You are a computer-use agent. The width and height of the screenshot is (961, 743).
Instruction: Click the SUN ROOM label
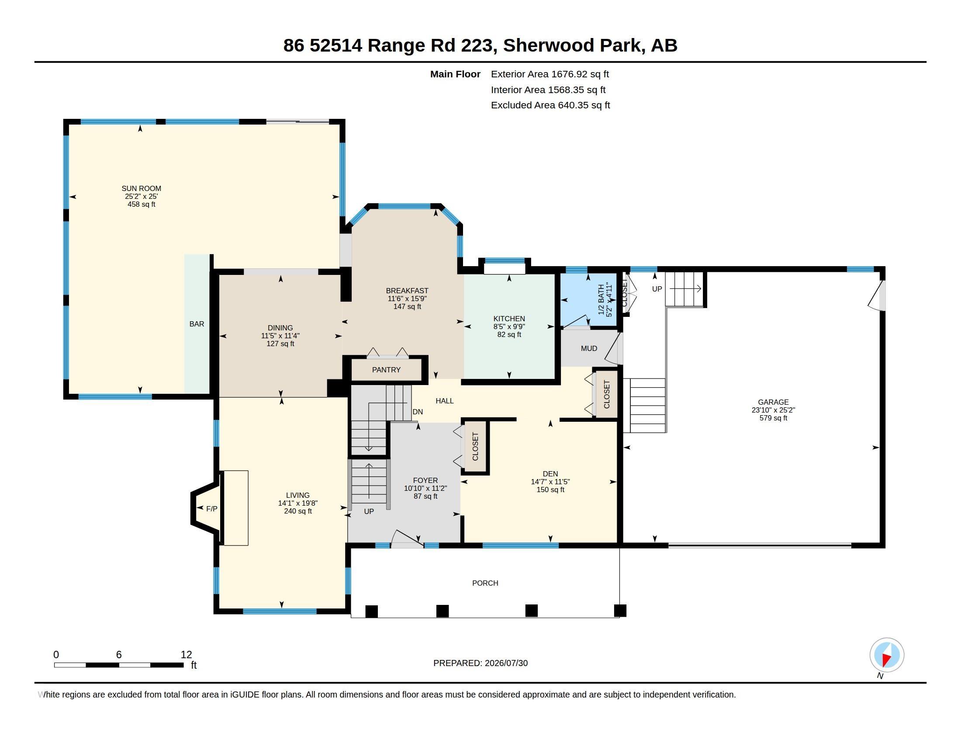[x=141, y=188]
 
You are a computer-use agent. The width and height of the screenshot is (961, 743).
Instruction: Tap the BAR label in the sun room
[x=197, y=324]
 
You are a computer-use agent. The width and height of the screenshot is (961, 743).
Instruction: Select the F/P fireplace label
[x=212, y=509]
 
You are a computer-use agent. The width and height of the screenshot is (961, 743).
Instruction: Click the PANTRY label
[x=386, y=370]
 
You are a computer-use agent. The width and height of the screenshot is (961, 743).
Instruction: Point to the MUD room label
[x=589, y=349]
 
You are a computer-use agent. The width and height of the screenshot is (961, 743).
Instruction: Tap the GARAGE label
[x=773, y=402]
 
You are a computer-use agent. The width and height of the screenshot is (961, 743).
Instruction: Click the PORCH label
[x=485, y=583]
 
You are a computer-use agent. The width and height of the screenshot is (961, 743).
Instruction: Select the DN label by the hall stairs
[x=418, y=412]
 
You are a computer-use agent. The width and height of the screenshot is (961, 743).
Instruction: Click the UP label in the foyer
[x=369, y=511]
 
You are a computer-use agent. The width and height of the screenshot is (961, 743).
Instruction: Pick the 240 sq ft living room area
[x=298, y=511]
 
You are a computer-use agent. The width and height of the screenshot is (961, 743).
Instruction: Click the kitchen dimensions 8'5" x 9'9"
[x=509, y=326]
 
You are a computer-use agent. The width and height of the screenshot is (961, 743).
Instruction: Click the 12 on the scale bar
[x=186, y=655]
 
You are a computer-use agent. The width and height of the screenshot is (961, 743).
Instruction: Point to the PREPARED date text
[x=480, y=663]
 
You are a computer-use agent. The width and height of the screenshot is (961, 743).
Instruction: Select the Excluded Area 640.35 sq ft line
[x=550, y=105]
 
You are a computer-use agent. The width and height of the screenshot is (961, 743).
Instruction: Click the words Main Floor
[x=455, y=74]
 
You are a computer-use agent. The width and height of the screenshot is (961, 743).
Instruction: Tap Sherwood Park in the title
[x=573, y=45]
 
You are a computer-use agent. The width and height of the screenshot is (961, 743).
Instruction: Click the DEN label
[x=550, y=474]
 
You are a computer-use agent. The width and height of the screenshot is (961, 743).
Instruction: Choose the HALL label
[x=444, y=401]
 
